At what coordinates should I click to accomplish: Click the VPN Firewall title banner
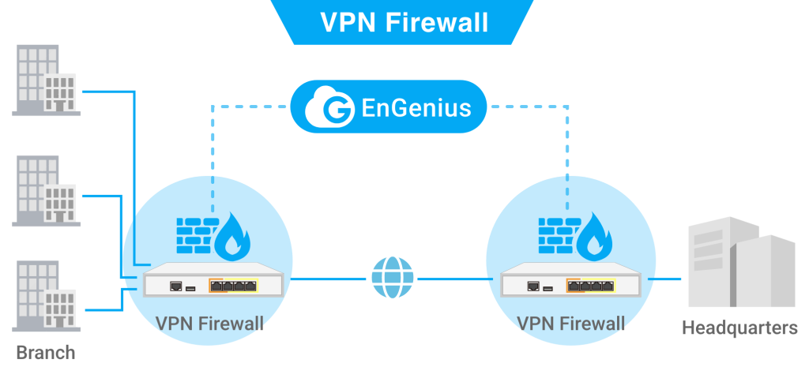click(x=404, y=22)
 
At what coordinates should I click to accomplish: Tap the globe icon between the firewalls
click(x=392, y=278)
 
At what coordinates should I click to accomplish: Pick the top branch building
click(x=47, y=81)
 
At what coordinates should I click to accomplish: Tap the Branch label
click(x=46, y=352)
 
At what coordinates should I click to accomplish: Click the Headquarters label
click(x=739, y=328)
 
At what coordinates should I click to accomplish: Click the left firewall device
click(x=212, y=279)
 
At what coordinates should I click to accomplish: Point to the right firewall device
click(x=570, y=279)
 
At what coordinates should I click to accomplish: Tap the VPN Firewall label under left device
click(x=209, y=324)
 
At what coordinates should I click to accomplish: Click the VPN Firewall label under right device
click(x=570, y=324)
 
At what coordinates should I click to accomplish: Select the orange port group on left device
click(x=233, y=286)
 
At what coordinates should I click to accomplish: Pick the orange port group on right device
click(x=592, y=286)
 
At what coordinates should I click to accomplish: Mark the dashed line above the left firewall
click(x=213, y=134)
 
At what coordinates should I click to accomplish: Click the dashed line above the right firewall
click(x=567, y=134)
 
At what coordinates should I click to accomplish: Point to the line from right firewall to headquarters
click(x=668, y=279)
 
